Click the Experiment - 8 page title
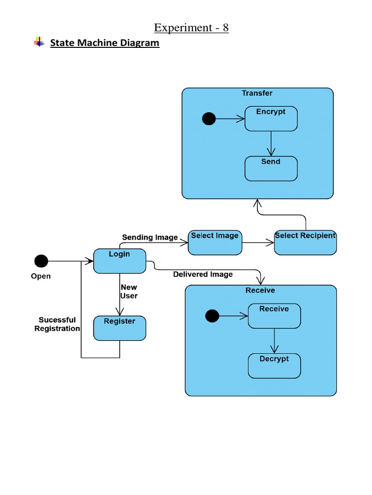(191, 28)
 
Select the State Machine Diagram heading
(105, 43)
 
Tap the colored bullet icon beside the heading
(39, 43)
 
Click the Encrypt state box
(271, 119)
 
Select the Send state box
(271, 169)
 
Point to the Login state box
(119, 261)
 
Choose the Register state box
(119, 328)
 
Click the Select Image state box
(215, 243)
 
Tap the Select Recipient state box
(305, 243)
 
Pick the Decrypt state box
(274, 366)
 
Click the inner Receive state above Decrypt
(274, 316)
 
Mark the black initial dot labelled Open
(41, 262)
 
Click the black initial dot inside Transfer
(209, 118)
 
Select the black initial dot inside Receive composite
(212, 316)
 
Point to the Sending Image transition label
(150, 237)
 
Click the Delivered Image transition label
(203, 275)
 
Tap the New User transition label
(129, 291)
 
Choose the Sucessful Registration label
(57, 324)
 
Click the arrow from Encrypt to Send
(271, 144)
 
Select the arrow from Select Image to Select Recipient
(258, 243)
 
